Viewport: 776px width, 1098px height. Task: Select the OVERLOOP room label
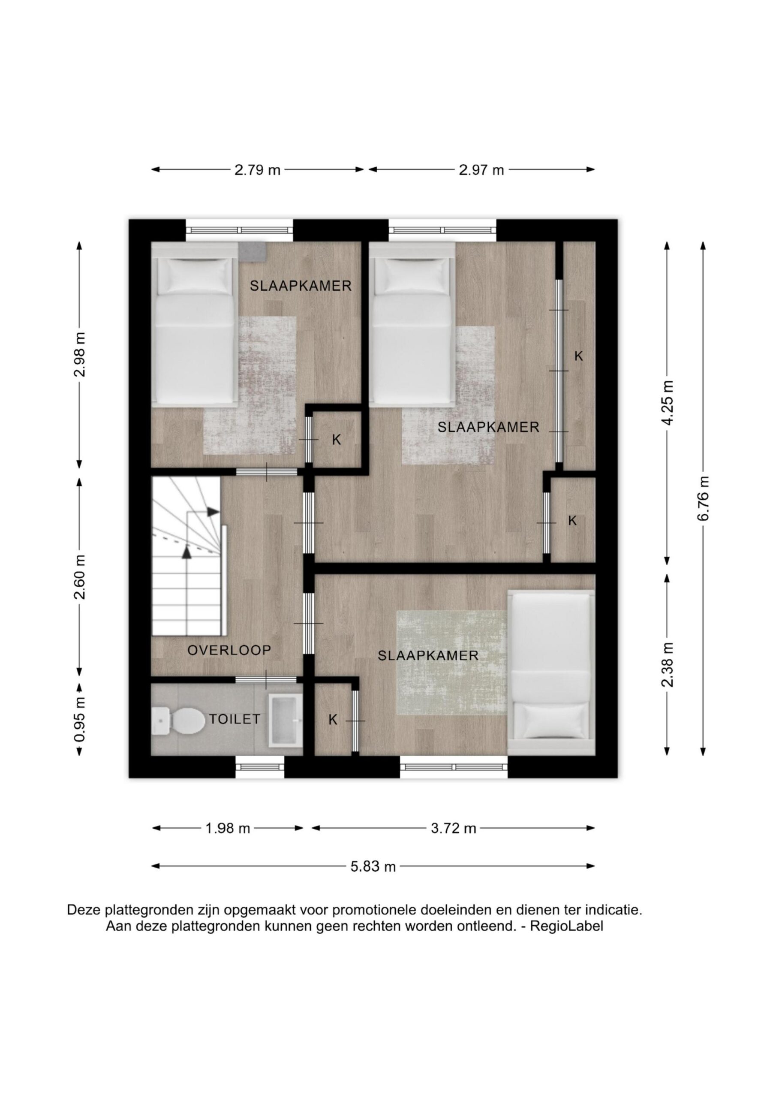tap(229, 650)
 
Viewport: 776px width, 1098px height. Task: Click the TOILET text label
tap(235, 719)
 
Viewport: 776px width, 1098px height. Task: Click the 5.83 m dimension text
tap(373, 866)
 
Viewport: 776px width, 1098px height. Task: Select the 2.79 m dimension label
tap(257, 170)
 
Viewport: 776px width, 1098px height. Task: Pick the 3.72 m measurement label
tap(454, 828)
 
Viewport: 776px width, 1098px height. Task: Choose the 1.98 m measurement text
tap(228, 828)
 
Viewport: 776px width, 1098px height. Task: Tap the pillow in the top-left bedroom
tap(196, 275)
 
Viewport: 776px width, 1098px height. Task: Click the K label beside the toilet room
tap(333, 719)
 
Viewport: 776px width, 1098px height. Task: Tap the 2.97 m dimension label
tap(481, 170)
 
